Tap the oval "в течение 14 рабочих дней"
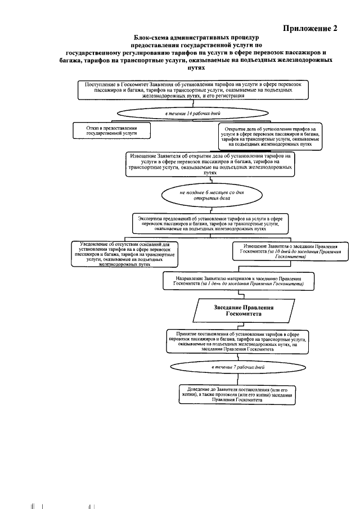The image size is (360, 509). [x=192, y=114]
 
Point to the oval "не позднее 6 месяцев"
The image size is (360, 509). [x=205, y=195]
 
